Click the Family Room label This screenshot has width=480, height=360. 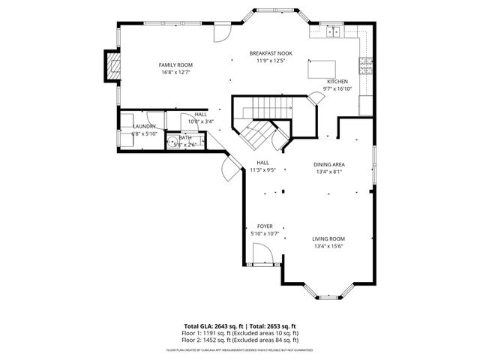(175, 65)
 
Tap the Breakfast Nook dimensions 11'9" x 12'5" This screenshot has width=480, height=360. (271, 61)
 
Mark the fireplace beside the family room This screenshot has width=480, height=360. (112, 65)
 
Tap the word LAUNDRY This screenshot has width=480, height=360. (144, 127)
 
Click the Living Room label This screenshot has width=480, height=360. (328, 238)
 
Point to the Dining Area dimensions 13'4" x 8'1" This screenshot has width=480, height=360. (328, 171)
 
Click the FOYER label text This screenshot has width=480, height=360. (265, 226)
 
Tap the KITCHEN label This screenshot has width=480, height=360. (337, 81)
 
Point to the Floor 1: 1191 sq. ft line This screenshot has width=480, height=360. (242, 332)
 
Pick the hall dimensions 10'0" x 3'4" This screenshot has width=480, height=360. (201, 121)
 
